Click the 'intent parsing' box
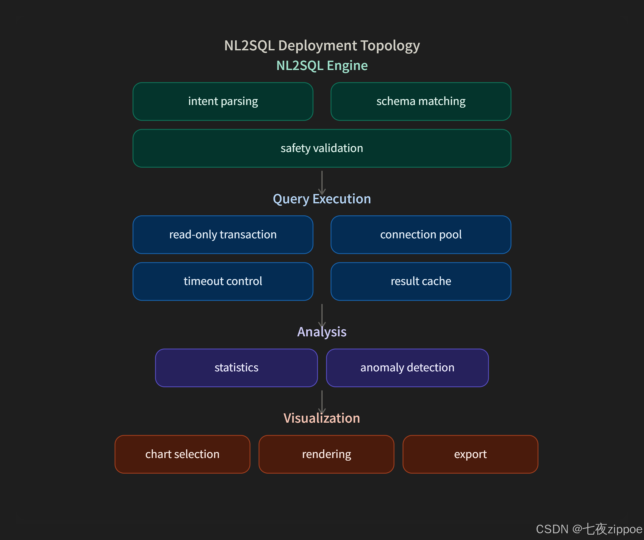click(223, 101)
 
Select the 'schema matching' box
click(421, 101)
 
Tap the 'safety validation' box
click(322, 148)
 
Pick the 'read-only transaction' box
click(223, 235)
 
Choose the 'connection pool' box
click(421, 235)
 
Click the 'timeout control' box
click(223, 281)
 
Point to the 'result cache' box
click(421, 281)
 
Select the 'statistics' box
click(236, 368)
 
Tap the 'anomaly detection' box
click(407, 368)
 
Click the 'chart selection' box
click(182, 454)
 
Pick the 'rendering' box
click(326, 454)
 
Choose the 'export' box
click(470, 454)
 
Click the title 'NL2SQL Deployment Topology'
click(322, 46)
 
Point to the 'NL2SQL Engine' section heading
click(322, 66)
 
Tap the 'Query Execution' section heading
click(322, 199)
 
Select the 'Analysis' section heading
click(322, 332)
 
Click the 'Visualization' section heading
click(322, 418)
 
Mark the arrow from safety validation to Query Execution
click(322, 182)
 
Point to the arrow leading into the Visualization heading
click(322, 402)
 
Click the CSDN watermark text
click(589, 529)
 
